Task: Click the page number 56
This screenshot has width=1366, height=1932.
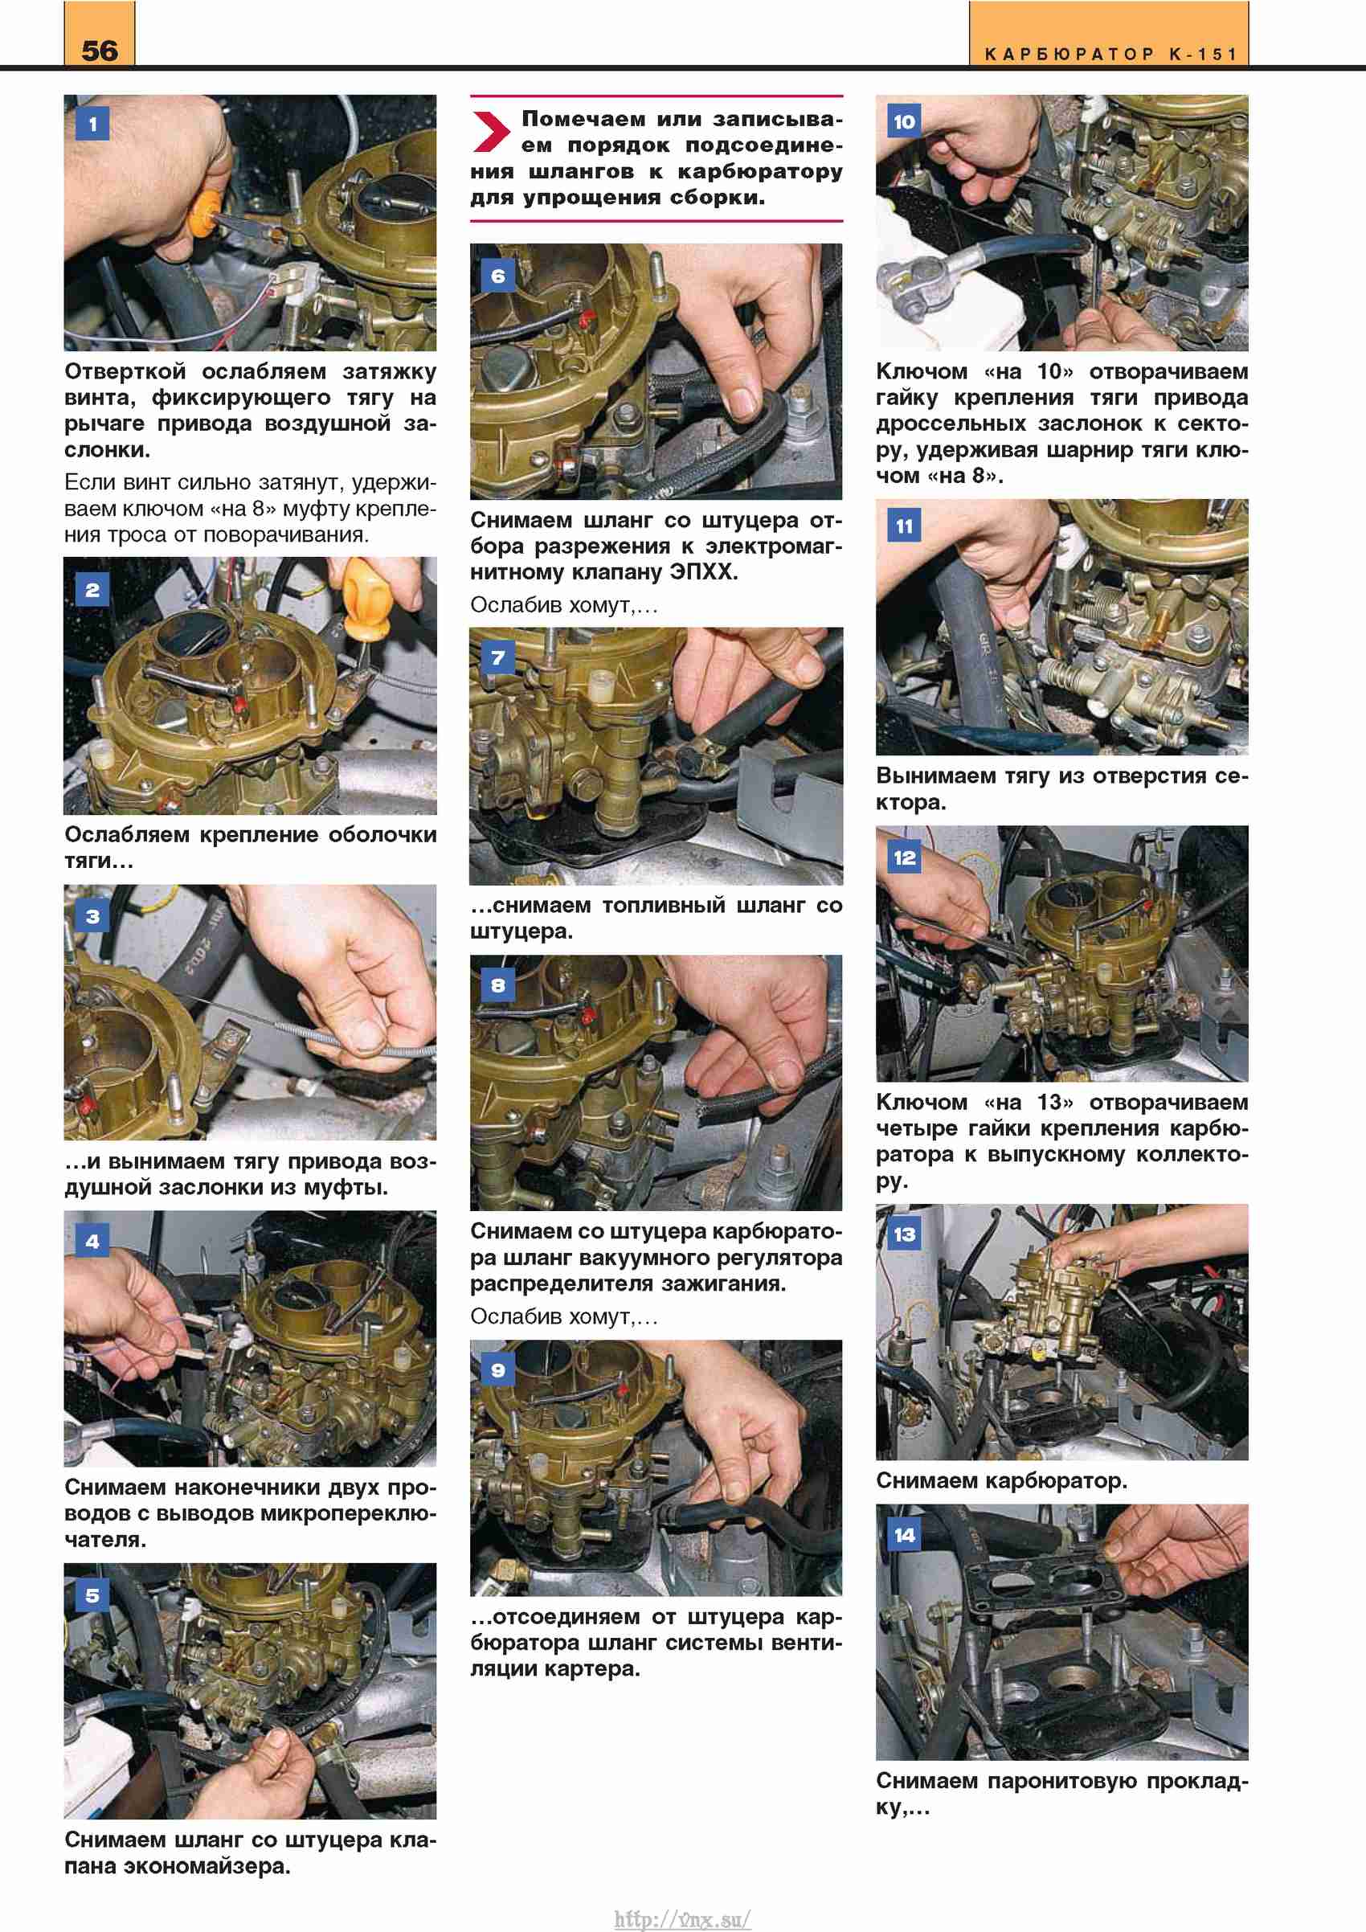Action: (x=100, y=51)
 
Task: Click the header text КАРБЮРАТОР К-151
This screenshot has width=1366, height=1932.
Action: (x=1110, y=55)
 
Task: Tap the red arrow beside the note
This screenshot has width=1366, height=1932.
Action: (x=491, y=131)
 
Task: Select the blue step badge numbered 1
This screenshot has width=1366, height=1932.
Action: (x=92, y=125)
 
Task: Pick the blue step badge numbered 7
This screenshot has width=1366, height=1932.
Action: (x=498, y=657)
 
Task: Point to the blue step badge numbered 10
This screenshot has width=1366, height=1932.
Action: (x=904, y=122)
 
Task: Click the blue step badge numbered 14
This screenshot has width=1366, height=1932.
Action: (x=904, y=1535)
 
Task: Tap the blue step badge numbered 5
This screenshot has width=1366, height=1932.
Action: (x=92, y=1595)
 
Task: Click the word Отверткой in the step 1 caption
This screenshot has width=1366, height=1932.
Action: (x=125, y=371)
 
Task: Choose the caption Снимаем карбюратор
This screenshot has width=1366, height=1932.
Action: (x=1001, y=1480)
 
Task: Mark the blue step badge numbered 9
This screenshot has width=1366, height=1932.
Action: (x=498, y=1370)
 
